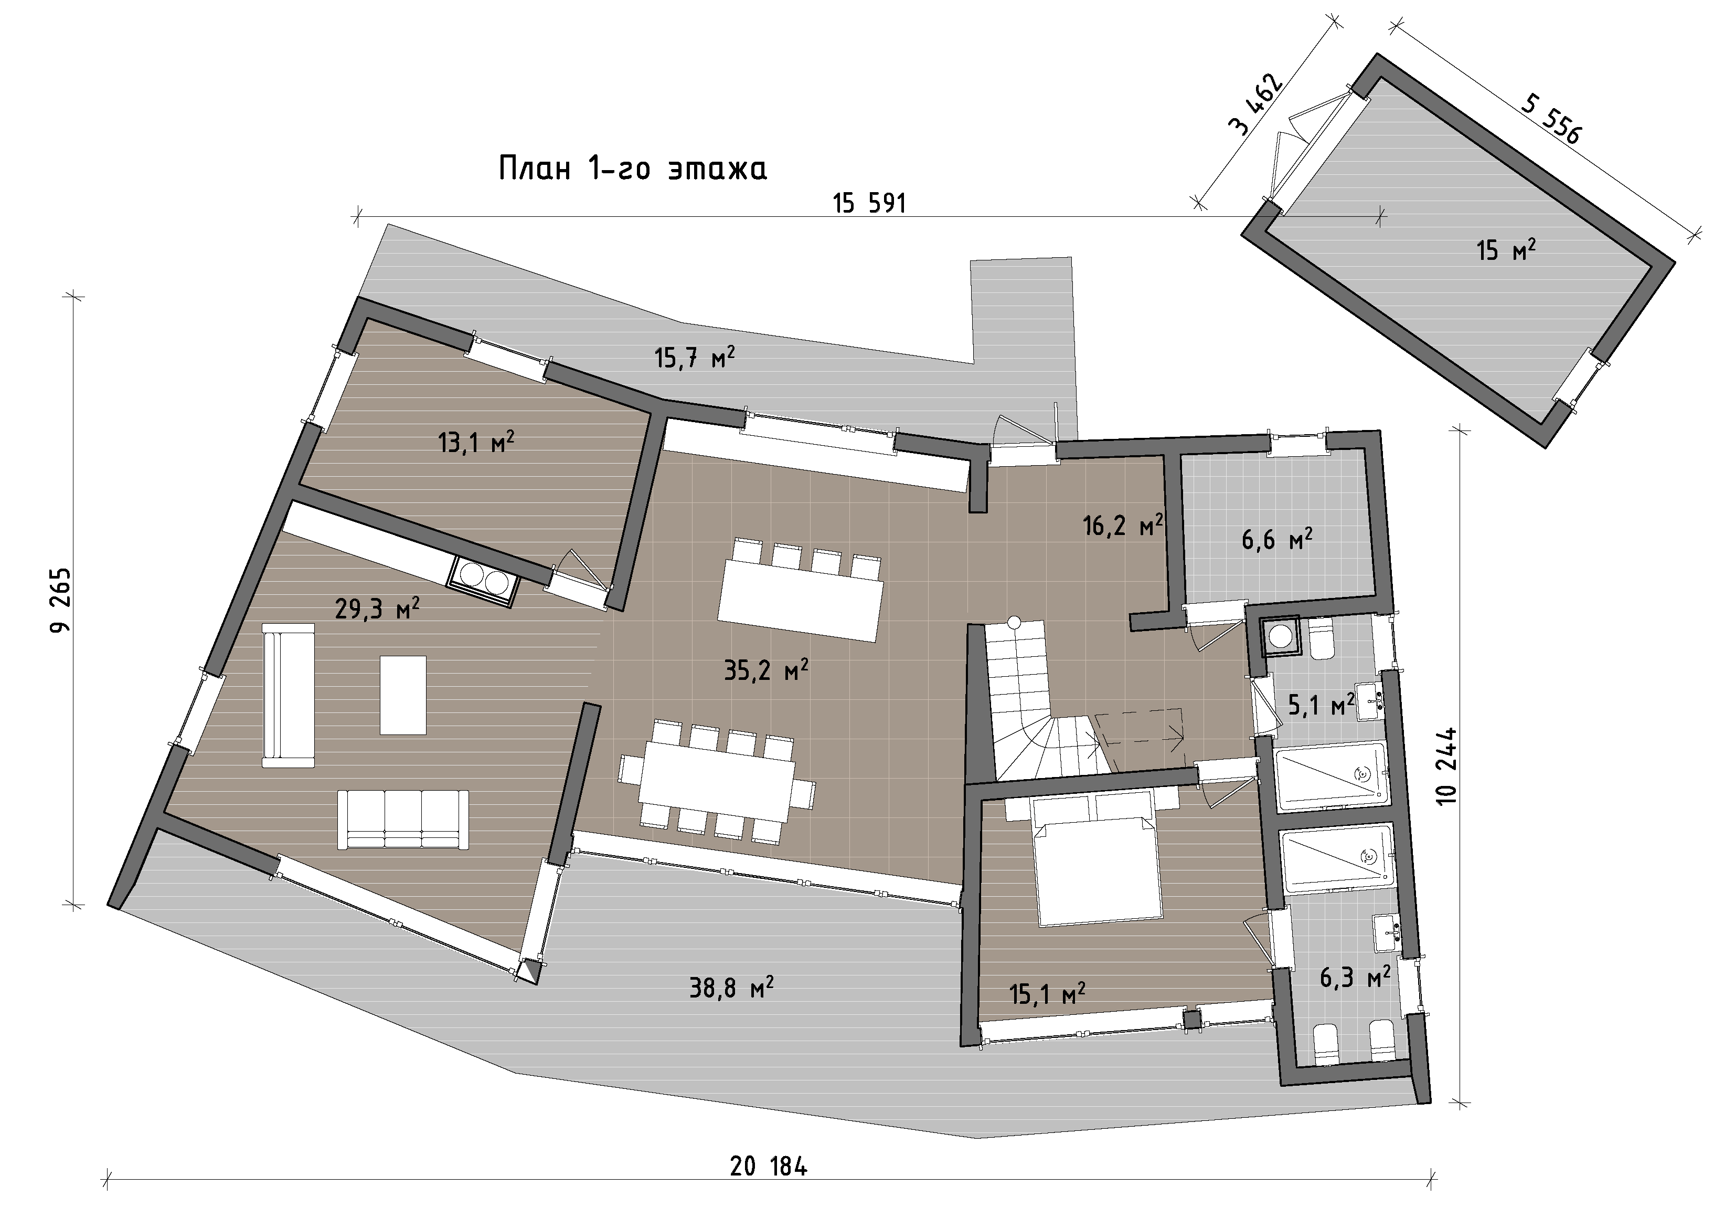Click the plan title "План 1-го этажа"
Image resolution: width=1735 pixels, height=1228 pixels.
point(633,168)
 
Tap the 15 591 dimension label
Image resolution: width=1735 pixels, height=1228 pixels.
point(869,203)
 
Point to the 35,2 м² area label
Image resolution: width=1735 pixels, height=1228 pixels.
point(766,669)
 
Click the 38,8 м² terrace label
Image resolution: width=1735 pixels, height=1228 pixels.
point(731,987)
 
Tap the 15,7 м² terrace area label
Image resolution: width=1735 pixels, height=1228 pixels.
point(695,357)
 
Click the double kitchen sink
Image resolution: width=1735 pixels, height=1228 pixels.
point(483,582)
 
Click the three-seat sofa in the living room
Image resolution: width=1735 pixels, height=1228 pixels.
point(403,820)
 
